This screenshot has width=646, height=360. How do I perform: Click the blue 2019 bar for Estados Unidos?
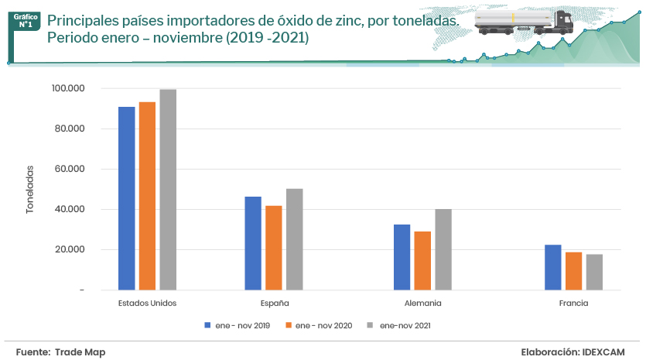[126, 198]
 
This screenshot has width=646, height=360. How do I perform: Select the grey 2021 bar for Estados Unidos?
[168, 190]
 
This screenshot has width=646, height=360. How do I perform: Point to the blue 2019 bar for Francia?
[552, 267]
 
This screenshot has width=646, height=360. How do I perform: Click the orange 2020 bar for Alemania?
[422, 260]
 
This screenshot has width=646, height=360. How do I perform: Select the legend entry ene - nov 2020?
[318, 325]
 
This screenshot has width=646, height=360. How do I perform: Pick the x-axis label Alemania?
[422, 303]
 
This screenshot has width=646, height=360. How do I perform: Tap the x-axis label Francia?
[573, 303]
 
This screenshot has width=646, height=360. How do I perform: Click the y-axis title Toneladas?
[30, 190]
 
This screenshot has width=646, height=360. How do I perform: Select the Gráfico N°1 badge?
[26, 20]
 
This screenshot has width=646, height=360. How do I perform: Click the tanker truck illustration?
[521, 22]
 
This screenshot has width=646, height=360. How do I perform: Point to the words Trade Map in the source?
[80, 352]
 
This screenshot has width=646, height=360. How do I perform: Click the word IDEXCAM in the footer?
[603, 352]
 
